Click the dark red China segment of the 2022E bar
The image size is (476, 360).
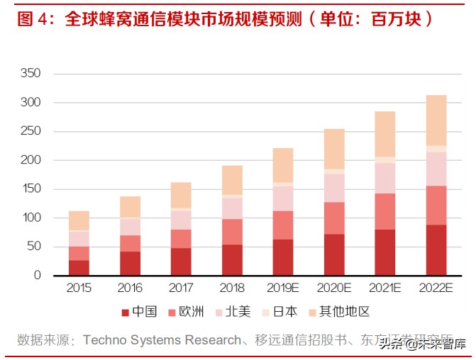(436, 249)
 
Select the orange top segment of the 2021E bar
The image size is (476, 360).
(384, 134)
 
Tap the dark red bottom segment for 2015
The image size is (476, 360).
(79, 267)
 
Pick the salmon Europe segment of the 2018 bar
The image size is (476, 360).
(232, 232)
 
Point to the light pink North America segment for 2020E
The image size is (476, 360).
(334, 188)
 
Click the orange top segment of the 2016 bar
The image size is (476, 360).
(130, 207)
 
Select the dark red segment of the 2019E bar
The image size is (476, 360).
(283, 257)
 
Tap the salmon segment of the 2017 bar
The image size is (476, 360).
(181, 239)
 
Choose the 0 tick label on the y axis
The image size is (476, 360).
(38, 276)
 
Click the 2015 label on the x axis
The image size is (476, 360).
(79, 288)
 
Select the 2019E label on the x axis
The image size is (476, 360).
(283, 288)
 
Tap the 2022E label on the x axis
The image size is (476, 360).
(436, 288)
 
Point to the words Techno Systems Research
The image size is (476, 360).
(162, 340)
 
